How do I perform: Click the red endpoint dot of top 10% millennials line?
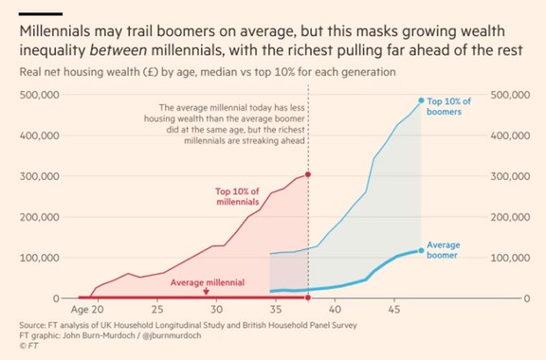tap(308, 175)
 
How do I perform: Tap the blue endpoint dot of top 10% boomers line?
tap(422, 100)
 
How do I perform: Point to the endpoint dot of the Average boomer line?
tap(422, 250)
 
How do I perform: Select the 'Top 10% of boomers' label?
tap(451, 106)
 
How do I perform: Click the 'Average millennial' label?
tap(208, 283)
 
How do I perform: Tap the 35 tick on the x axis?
tap(275, 310)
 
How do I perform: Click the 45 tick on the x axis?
tap(392, 310)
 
